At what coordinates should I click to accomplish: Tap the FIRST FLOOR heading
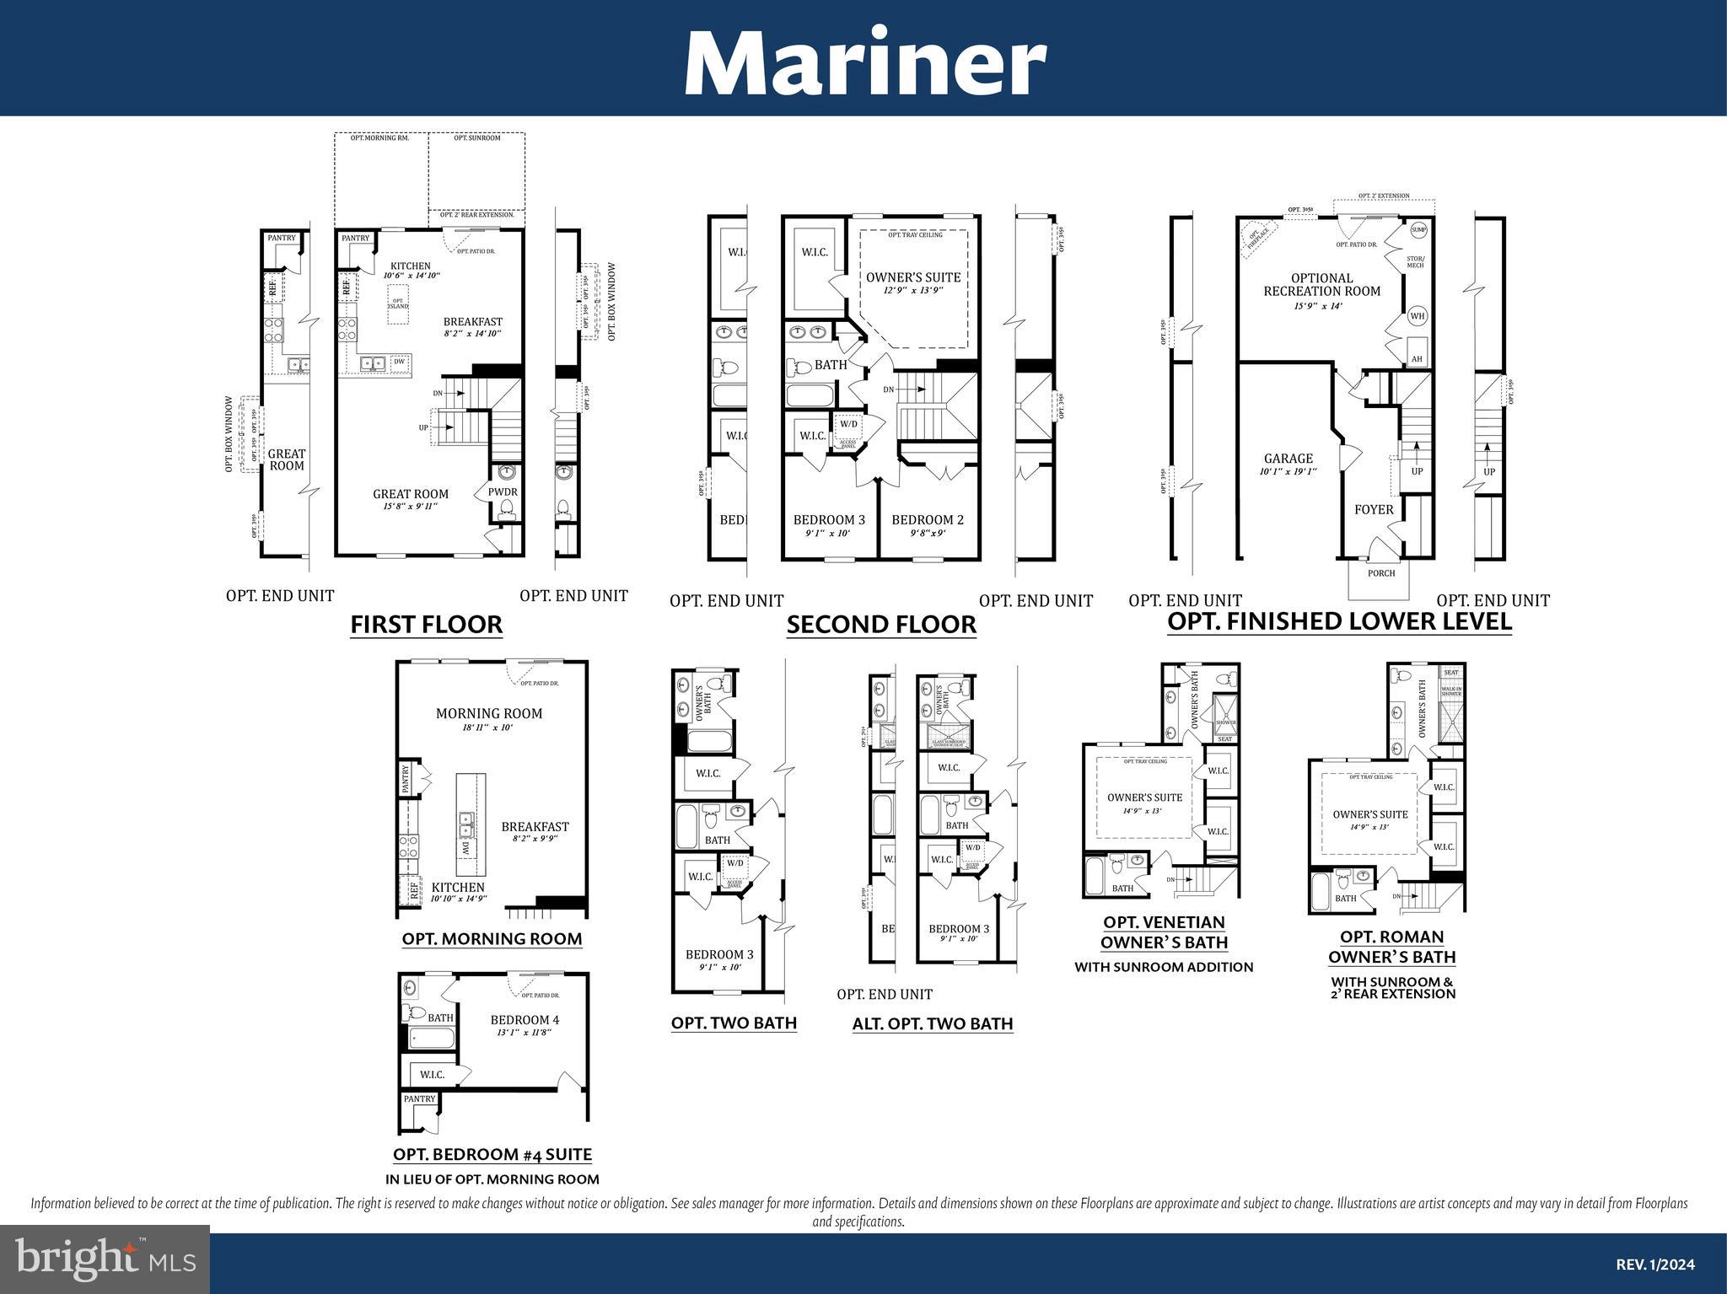[426, 625]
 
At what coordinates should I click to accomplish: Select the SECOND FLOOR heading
[881, 625]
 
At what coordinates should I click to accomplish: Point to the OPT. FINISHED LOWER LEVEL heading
[1339, 621]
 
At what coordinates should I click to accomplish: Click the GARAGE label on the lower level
[1288, 459]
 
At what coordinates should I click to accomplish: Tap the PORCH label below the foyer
[1381, 573]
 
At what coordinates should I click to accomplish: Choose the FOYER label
[1374, 509]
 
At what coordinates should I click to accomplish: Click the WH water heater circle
[1418, 316]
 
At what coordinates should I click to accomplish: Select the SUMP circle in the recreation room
[1418, 229]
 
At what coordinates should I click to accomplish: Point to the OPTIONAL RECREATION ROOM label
[1321, 285]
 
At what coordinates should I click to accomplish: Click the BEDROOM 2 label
[928, 520]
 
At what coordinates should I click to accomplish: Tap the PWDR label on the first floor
[503, 491]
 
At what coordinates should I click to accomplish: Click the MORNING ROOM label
[489, 713]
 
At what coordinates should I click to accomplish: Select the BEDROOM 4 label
[525, 1020]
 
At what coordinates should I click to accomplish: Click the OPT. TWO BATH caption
[734, 1023]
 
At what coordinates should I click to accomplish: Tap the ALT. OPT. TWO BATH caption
[932, 1023]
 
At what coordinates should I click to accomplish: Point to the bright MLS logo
[105, 1259]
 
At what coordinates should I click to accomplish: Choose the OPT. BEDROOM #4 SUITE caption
[492, 1154]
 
